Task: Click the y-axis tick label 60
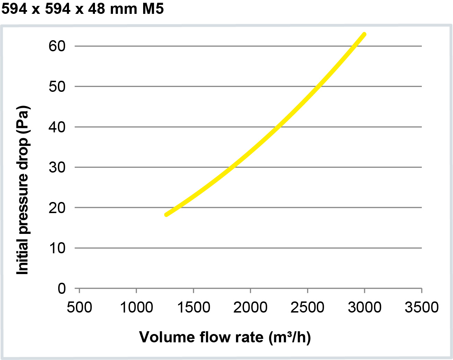pyautogui.click(x=57, y=46)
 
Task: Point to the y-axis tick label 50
pyautogui.click(x=57, y=87)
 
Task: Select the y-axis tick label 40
pyautogui.click(x=57, y=127)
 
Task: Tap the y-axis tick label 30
pyautogui.click(x=57, y=167)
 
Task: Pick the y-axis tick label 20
pyautogui.click(x=57, y=208)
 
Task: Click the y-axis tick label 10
pyautogui.click(x=57, y=248)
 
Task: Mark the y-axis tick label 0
pyautogui.click(x=62, y=289)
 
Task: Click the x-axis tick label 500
pyautogui.click(x=79, y=307)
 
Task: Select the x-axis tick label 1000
pyautogui.click(x=136, y=307)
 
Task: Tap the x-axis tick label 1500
pyautogui.click(x=193, y=307)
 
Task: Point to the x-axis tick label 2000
pyautogui.click(x=250, y=307)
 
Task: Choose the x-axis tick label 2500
pyautogui.click(x=307, y=307)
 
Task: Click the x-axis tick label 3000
pyautogui.click(x=365, y=307)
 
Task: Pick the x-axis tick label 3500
pyautogui.click(x=421, y=307)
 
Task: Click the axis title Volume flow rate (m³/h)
pyautogui.click(x=225, y=337)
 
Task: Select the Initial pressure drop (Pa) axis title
pyautogui.click(x=23, y=190)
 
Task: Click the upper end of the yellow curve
pyautogui.click(x=364, y=34)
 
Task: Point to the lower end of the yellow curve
pyautogui.click(x=166, y=214)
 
